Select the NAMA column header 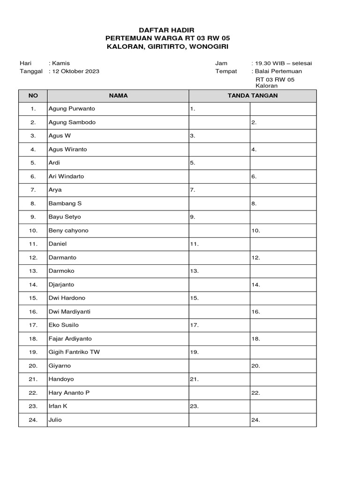[118, 96]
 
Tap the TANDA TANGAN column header [252, 96]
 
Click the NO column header [33, 96]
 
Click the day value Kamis [61, 63]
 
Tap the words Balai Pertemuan [278, 71]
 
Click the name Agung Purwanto [72, 109]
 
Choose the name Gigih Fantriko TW [74, 352]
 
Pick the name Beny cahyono [68, 231]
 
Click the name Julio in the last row [55, 420]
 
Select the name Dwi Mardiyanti [69, 312]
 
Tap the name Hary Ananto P [69, 393]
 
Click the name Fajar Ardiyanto [70, 338]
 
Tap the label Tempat [226, 71]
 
